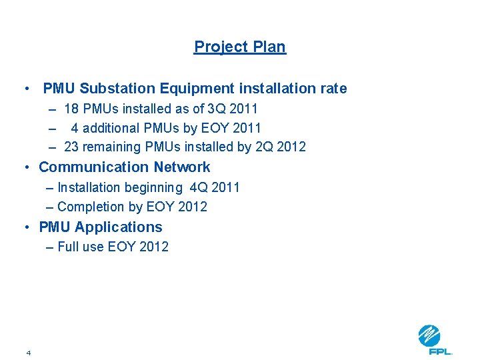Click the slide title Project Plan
tap(239, 47)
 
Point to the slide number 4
tap(29, 352)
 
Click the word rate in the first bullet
tap(333, 89)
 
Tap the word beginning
tap(149, 188)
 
